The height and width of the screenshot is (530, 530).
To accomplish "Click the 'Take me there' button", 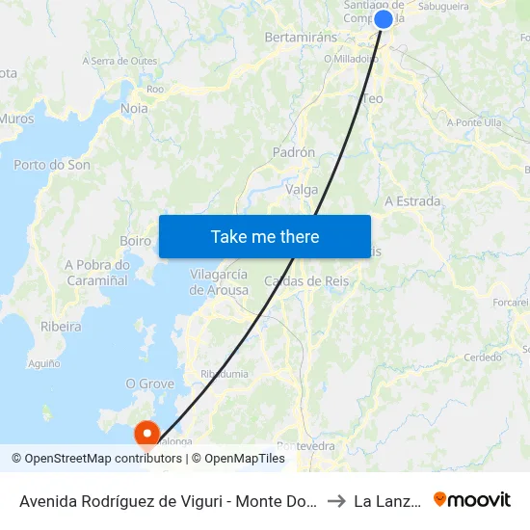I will [x=265, y=236].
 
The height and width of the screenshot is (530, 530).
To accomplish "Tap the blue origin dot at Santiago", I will [x=384, y=19].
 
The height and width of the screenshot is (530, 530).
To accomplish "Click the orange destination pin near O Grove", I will [x=147, y=434].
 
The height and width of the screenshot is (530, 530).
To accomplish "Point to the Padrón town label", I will [x=294, y=152].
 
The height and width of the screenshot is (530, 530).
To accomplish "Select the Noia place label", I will [x=135, y=109].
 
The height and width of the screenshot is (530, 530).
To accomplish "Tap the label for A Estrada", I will [x=412, y=201].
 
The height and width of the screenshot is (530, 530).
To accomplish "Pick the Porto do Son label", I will [x=52, y=165].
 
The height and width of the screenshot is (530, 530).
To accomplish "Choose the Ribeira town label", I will [x=61, y=327].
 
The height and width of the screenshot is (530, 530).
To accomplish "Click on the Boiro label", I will [x=136, y=241].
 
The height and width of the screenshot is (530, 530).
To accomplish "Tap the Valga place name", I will [x=303, y=190].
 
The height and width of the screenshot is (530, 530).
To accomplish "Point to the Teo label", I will [x=373, y=98].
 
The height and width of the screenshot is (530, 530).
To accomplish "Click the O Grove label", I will [x=149, y=384].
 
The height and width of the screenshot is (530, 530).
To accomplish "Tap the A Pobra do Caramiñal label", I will [x=97, y=273].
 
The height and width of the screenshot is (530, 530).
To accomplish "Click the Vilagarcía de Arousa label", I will [x=219, y=281].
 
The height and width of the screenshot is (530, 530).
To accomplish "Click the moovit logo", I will [x=472, y=500].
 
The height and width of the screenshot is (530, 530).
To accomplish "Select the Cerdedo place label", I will [x=483, y=358].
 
